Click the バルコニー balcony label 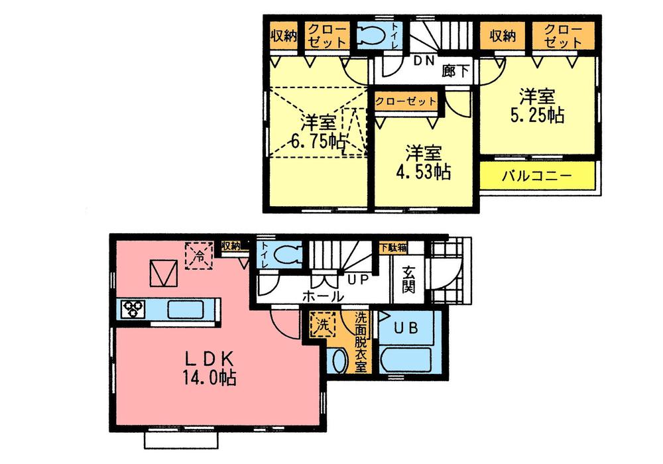point(536,177)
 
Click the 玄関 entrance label point(408,281)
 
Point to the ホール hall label point(324,296)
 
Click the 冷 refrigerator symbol point(198,255)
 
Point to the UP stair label point(358,280)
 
